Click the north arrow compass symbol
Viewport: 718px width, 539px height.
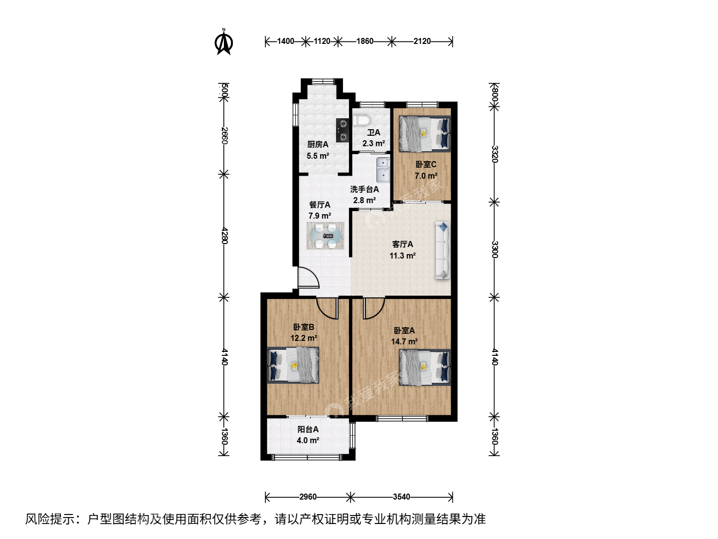224,42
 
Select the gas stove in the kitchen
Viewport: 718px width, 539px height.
343,130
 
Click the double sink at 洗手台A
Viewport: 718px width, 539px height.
383,170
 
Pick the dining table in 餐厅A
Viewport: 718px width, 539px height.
326,236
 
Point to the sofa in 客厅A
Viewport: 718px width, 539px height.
443,251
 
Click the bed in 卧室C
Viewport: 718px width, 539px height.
425,134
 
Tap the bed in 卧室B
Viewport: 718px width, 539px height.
293,365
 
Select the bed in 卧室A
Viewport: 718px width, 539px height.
425,367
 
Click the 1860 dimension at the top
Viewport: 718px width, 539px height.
364,41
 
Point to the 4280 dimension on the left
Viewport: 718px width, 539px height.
224,236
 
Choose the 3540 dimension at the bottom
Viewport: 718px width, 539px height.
401,497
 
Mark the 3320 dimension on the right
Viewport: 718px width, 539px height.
495,154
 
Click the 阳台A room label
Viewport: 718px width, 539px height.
308,429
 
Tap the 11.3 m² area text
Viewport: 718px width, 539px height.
402,256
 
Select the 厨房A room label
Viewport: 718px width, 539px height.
318,144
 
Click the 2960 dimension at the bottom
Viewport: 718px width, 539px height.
308,497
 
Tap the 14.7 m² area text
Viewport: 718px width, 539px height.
404,342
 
